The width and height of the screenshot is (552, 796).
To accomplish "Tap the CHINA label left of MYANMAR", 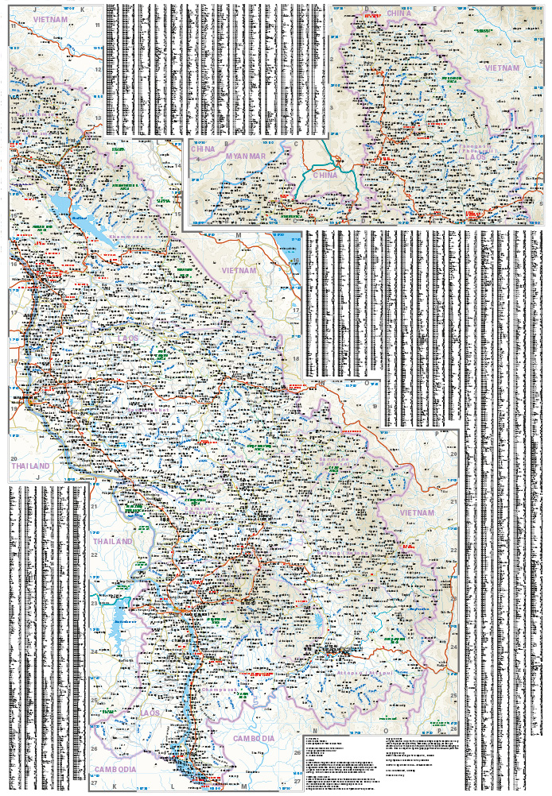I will [204, 149].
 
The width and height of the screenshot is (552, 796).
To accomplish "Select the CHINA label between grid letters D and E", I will [398, 14].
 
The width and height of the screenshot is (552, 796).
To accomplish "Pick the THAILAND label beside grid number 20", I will [29, 466].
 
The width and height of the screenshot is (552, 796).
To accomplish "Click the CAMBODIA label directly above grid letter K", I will [115, 769].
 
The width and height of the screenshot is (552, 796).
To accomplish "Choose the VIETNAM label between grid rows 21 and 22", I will [418, 513].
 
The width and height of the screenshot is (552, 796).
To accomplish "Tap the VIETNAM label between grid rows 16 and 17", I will [240, 270].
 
